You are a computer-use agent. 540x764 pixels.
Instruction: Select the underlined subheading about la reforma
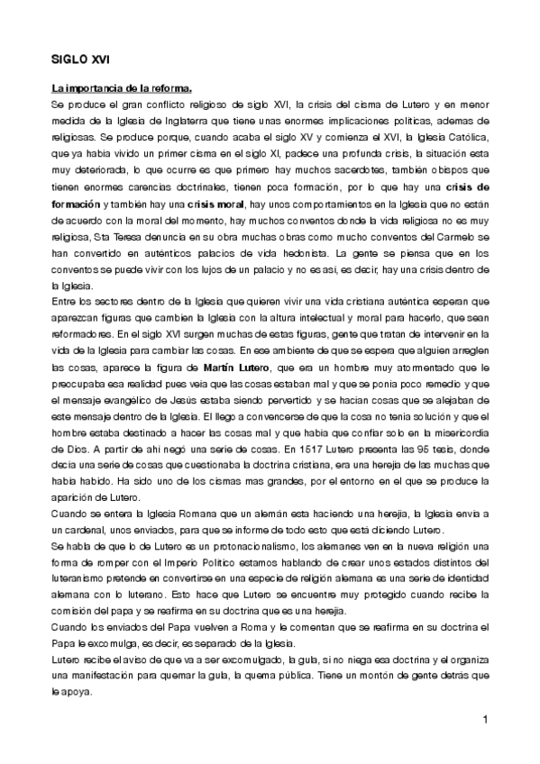pyautogui.click(x=121, y=88)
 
